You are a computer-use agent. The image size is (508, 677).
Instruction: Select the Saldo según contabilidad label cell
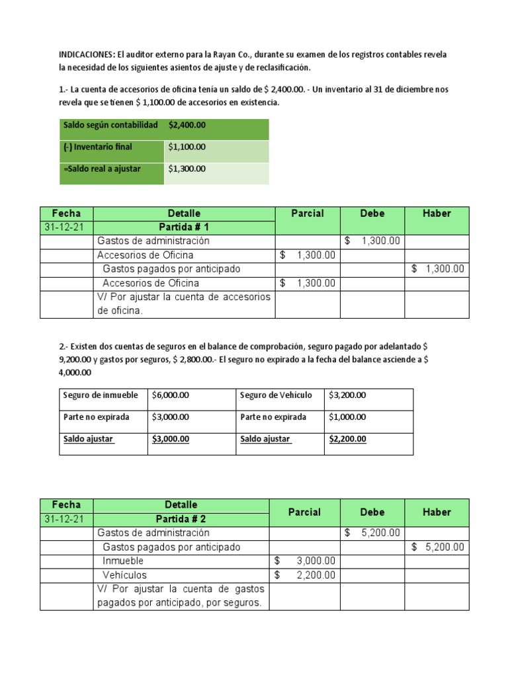click(x=110, y=125)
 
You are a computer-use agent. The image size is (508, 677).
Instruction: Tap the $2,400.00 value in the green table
click(x=187, y=125)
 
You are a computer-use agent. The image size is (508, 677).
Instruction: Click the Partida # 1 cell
click(x=183, y=227)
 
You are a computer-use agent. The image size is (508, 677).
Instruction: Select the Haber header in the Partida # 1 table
click(x=437, y=214)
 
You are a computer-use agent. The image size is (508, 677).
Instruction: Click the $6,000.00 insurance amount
click(x=171, y=395)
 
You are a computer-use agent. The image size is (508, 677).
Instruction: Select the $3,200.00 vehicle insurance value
click(x=347, y=395)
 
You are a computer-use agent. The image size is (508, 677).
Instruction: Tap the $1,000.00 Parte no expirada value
click(x=347, y=417)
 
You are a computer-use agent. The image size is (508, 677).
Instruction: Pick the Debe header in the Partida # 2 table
click(x=372, y=512)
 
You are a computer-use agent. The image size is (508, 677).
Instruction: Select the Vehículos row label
click(x=125, y=575)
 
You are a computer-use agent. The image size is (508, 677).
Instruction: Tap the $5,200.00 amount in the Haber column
click(x=437, y=547)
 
